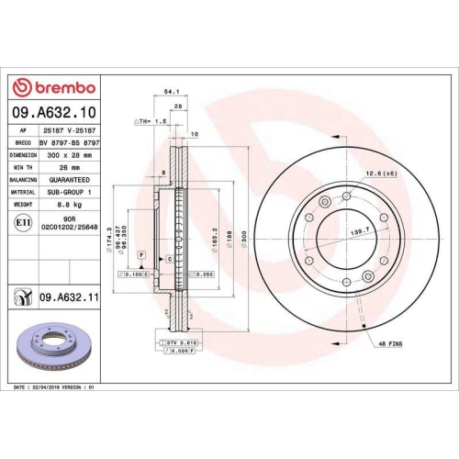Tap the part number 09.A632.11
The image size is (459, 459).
point(70,297)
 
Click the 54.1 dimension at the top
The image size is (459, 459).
point(170,92)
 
